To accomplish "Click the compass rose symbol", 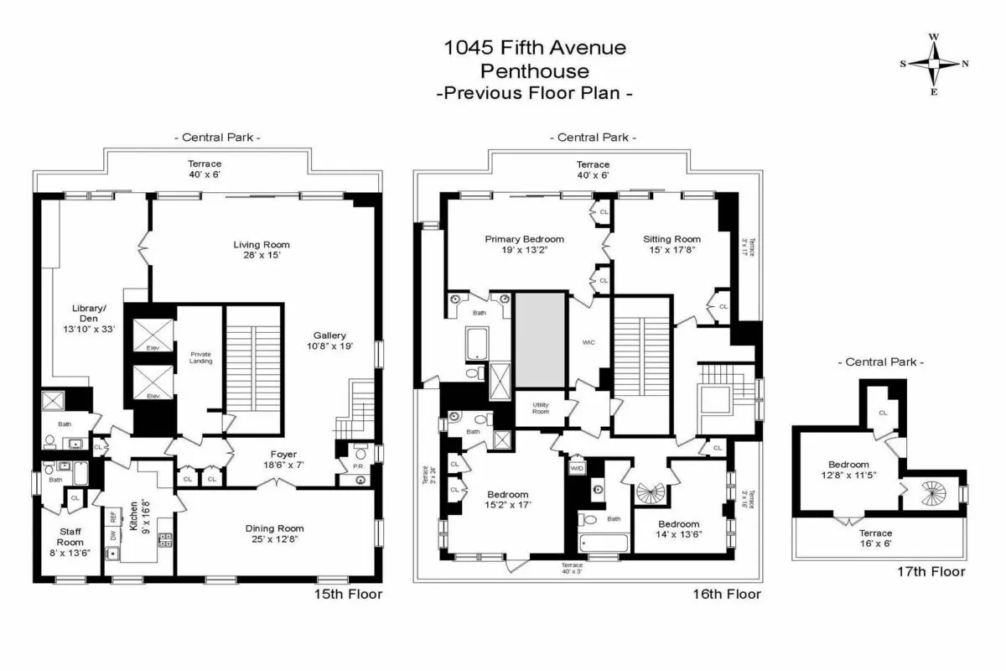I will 933,64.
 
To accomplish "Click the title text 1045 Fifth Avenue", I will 535,48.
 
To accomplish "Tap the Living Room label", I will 262,245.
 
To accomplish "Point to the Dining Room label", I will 274,528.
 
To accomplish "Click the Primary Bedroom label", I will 524,239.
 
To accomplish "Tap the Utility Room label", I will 541,408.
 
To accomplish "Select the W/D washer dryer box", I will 577,467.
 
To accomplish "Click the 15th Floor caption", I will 348,594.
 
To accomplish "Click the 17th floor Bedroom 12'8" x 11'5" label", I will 848,470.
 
